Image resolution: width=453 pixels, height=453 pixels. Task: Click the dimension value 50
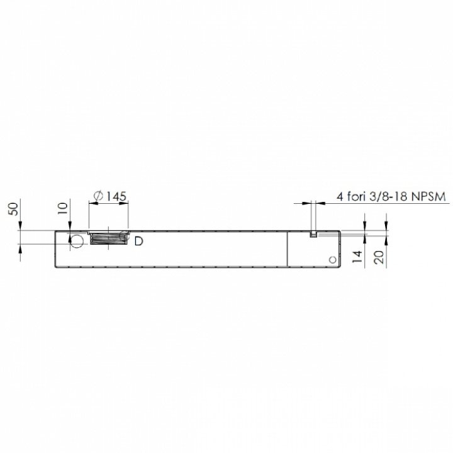(x=14, y=209)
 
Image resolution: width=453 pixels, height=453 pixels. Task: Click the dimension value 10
(x=63, y=208)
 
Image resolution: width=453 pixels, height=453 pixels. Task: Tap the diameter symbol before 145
(x=99, y=196)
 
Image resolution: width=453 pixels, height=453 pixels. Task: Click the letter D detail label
(x=138, y=241)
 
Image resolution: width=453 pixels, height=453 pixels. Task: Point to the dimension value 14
(x=357, y=257)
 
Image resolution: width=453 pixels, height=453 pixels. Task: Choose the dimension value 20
(x=379, y=257)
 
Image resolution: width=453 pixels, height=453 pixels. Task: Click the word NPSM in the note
(x=428, y=196)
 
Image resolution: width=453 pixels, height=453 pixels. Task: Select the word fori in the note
(x=357, y=196)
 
